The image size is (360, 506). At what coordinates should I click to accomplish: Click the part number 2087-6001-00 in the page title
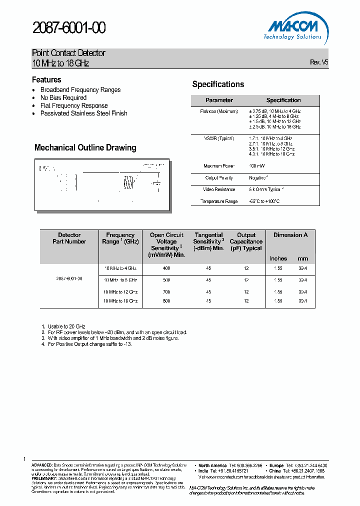[x=68, y=28]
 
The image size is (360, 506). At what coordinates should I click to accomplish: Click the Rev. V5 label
[x=319, y=62]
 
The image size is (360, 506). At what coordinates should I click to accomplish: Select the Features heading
[x=46, y=80]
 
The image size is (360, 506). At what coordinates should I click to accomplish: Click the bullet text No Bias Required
[x=63, y=98]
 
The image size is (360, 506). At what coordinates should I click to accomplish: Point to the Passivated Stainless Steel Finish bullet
[x=83, y=113]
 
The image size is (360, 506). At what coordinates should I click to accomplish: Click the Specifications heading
[x=218, y=84]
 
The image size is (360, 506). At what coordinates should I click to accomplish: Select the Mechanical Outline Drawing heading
[x=85, y=147]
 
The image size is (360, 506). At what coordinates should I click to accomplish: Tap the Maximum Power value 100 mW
[x=258, y=166]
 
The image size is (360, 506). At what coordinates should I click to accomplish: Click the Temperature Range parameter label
[x=219, y=201]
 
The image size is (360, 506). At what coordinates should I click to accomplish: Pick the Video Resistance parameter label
[x=219, y=189]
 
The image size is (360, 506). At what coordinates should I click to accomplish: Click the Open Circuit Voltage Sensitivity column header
[x=166, y=244]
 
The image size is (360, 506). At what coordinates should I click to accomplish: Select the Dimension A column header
[x=290, y=235]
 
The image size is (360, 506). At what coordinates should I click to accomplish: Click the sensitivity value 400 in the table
[x=166, y=268]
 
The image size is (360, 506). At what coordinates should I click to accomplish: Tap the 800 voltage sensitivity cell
[x=166, y=301]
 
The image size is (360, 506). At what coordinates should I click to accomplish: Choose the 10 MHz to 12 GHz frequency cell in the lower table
[x=120, y=291]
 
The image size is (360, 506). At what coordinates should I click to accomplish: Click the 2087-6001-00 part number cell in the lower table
[x=69, y=278]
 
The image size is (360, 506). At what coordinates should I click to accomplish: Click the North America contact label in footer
[x=212, y=465]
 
